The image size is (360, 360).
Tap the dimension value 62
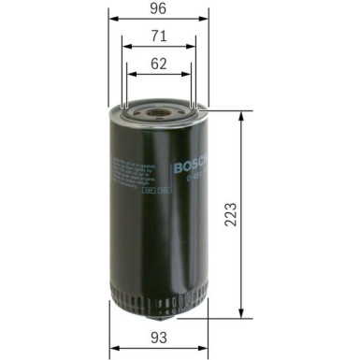click(159, 65)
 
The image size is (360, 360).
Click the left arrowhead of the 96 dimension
click(112, 17)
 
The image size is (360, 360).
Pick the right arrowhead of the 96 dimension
click(206, 17)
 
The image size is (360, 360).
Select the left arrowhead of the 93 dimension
click(113, 347)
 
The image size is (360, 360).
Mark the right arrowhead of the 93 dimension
click(204, 347)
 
